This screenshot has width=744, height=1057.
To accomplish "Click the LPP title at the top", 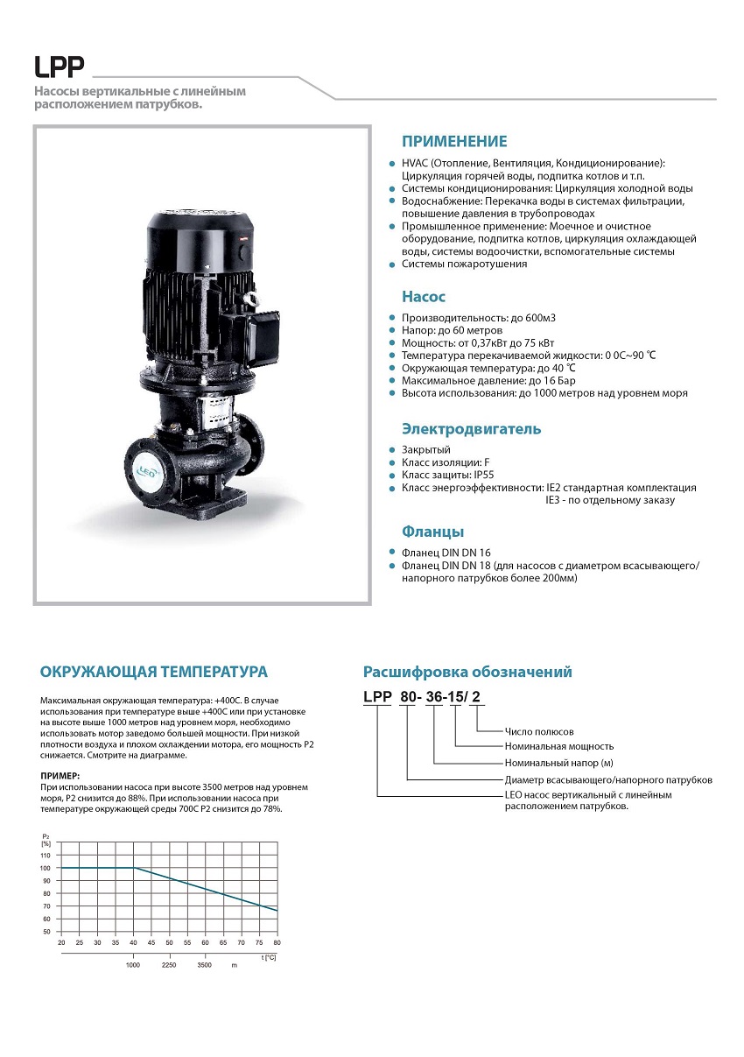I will [x=59, y=67].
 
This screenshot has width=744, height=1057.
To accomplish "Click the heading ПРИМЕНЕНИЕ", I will [x=453, y=142].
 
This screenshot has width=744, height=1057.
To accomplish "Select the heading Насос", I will [x=424, y=297].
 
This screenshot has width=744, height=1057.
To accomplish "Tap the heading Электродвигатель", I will [x=471, y=429].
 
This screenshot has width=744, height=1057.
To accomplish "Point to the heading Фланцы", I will [x=432, y=532].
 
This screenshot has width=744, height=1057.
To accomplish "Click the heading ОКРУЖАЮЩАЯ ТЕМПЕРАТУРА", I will [x=154, y=672].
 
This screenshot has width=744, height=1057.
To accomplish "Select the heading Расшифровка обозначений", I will [x=467, y=672].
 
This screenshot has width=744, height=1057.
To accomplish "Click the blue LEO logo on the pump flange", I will [x=145, y=469].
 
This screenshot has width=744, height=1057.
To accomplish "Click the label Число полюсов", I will [x=539, y=731].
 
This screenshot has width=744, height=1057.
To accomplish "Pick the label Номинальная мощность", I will [x=559, y=746].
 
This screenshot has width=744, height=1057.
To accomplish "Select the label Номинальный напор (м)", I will [x=559, y=763].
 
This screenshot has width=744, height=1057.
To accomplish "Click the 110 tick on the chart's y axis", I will [x=46, y=855].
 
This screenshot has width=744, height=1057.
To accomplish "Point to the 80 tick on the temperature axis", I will [x=277, y=942].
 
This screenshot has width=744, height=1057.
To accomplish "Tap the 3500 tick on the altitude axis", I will [x=205, y=964].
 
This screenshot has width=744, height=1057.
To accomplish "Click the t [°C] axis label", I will [x=269, y=957].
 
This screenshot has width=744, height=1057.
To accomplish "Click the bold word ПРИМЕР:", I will [x=60, y=776].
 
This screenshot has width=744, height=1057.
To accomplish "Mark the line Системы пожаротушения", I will [x=464, y=264].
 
